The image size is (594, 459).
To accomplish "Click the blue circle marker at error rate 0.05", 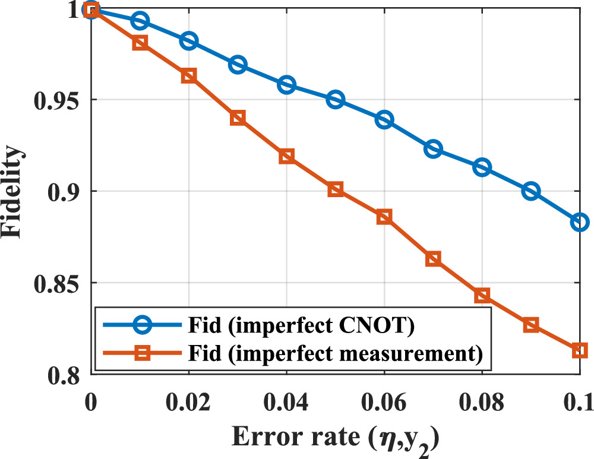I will coord(336,99).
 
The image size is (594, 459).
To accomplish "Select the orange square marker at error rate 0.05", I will coord(336,189).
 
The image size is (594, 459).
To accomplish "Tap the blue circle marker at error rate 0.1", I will coord(580,222).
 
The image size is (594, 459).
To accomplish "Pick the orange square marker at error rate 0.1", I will coord(580,350).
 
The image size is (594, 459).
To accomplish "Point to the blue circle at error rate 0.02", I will coord(189,41).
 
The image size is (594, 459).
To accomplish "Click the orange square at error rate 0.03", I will coord(238,118).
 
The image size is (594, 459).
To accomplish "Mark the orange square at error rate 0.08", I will coord(482,296).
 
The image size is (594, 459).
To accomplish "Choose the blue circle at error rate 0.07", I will coord(433,149).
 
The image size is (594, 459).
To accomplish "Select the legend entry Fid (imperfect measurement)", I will coord(312,354).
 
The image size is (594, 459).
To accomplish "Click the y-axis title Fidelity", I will coord(15,192).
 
